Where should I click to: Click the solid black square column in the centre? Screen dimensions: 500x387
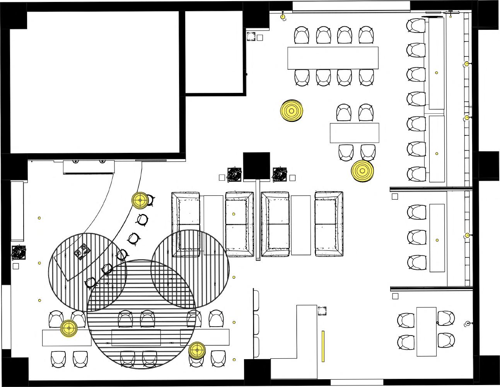256,166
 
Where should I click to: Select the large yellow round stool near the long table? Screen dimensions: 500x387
292,111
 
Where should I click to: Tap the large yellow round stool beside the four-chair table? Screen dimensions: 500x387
362,171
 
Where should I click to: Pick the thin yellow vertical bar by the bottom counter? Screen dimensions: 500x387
323,346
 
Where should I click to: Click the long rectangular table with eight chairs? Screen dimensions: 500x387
333,58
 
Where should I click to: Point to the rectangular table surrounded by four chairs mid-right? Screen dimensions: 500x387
354,133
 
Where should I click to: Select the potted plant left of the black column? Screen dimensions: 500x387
234,175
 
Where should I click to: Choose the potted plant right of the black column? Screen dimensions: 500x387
279,175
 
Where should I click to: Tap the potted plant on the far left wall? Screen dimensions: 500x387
19,252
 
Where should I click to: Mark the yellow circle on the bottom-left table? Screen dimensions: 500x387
69,328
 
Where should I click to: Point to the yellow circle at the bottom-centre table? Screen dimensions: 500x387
197,350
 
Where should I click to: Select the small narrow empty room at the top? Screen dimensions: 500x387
215,52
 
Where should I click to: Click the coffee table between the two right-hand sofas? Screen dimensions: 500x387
300,225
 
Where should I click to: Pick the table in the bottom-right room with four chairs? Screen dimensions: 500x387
426,331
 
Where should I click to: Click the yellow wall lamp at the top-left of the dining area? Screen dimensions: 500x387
283,17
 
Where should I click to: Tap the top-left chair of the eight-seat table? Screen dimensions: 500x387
302,35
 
